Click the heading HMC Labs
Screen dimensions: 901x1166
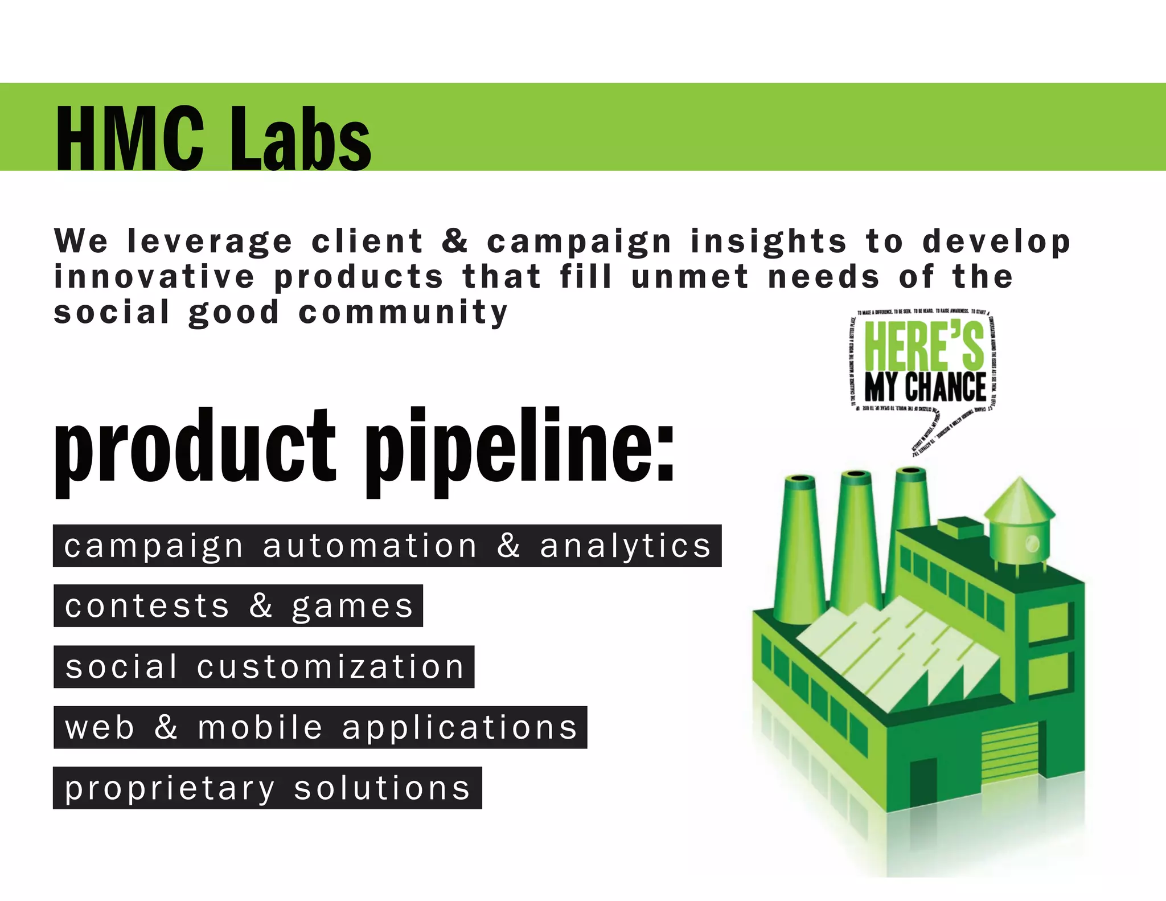click(214, 138)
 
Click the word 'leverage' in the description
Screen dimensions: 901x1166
click(210, 241)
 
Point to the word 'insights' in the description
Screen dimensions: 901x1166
click(769, 241)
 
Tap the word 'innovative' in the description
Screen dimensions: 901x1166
click(154, 277)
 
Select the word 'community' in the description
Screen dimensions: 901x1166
click(403, 313)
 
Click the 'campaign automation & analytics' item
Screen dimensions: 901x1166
click(387, 546)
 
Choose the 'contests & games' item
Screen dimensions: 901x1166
click(238, 606)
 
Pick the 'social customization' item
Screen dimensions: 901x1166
click(264, 667)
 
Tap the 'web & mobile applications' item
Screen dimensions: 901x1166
click(321, 727)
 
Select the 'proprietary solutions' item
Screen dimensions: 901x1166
click(268, 788)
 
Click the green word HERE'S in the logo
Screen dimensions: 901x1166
click(923, 346)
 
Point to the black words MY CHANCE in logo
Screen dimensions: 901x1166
click(925, 387)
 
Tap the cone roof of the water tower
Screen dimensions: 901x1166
click(1019, 501)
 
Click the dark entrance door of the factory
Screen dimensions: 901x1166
click(923, 783)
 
